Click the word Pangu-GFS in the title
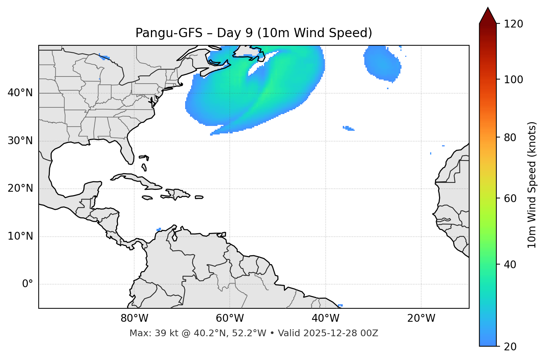[169, 33]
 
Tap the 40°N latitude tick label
[20, 93]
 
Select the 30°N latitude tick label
[20, 141]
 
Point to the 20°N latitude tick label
[20, 188]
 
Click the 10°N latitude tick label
[20, 236]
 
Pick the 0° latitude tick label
[28, 284]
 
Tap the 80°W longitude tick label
[134, 318]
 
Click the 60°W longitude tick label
[230, 318]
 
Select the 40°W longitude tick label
[325, 318]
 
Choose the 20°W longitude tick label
[421, 318]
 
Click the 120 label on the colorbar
[513, 24]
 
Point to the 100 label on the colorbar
[513, 80]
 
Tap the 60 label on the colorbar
[510, 198]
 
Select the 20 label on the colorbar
[510, 347]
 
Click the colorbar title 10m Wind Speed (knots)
[532, 185]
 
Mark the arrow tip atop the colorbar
[488, 8]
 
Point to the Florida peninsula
[128, 152]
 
